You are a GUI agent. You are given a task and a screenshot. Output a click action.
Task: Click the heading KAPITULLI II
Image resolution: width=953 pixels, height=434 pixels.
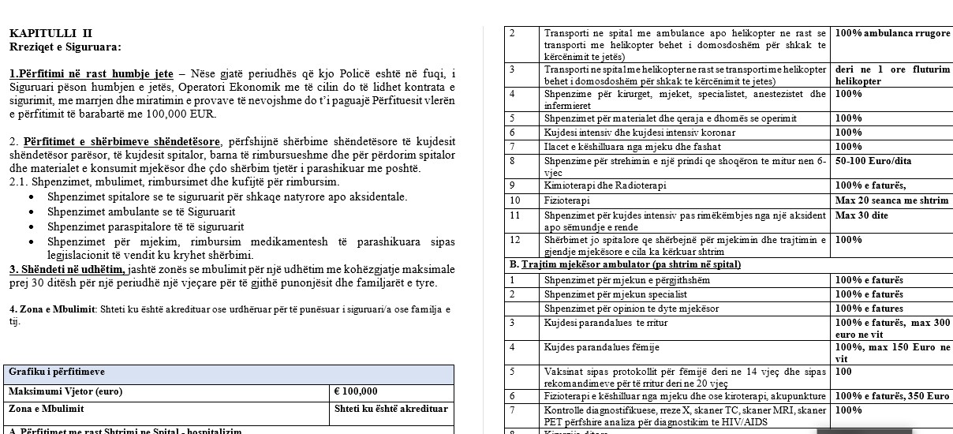50,33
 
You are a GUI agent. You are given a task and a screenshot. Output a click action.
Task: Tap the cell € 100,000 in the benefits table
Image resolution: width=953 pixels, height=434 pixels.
357,391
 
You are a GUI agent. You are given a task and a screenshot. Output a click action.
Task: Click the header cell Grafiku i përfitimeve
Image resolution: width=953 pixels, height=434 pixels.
57,372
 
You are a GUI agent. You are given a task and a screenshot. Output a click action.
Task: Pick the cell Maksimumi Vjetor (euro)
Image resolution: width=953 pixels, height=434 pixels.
66,391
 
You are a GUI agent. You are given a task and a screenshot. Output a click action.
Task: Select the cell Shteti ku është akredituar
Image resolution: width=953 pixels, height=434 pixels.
391,409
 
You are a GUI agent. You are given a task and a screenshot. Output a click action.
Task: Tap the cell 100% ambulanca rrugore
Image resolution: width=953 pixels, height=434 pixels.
892,33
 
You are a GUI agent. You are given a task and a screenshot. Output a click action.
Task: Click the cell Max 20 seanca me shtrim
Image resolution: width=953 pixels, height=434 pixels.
891,200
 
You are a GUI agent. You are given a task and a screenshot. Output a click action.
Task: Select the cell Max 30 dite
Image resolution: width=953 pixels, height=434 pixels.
861,215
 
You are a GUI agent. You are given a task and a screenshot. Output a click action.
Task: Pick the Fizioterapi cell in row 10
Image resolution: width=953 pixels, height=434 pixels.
568,200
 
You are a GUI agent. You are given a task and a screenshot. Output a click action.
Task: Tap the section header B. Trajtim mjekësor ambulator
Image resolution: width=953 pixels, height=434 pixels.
626,264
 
